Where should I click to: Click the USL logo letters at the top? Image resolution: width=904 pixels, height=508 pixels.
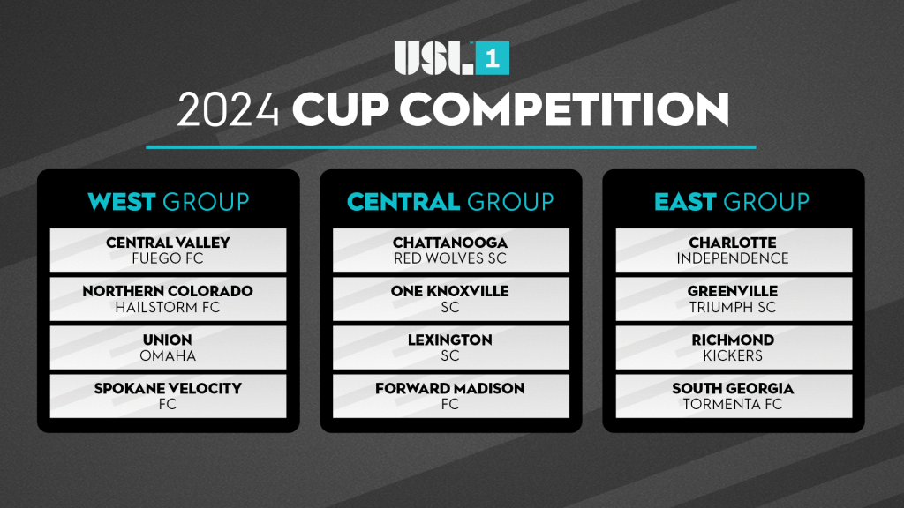pos(433,58)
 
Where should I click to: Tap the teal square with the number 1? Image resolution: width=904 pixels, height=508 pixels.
pos(493,58)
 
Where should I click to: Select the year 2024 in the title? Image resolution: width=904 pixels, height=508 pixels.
pos(228,109)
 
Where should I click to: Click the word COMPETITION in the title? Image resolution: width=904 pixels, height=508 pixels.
pos(564,109)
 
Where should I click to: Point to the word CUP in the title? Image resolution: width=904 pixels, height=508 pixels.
pos(340,109)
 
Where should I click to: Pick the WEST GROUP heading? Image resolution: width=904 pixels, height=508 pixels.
pos(169,202)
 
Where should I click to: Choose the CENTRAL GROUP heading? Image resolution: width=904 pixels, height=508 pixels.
pos(450,202)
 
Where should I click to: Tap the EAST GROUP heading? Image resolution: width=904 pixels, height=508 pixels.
pos(732,202)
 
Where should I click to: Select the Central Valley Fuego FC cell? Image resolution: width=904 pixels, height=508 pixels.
pos(169,250)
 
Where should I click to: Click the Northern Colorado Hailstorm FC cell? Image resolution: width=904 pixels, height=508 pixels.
pos(169,299)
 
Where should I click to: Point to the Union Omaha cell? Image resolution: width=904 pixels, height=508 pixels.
pos(169,347)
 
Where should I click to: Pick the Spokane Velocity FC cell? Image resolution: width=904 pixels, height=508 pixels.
pos(169,396)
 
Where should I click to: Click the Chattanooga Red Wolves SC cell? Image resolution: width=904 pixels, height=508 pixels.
pos(451,250)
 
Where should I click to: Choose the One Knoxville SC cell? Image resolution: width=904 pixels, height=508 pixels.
pos(451,299)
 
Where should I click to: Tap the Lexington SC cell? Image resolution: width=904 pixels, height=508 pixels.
pos(451,347)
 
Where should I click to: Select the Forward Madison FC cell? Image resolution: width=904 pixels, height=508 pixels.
pos(451,396)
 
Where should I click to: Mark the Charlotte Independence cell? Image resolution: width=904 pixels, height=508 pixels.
pos(734,250)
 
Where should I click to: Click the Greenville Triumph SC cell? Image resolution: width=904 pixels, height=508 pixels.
pos(734,299)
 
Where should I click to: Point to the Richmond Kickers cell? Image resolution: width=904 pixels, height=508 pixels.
pos(734,347)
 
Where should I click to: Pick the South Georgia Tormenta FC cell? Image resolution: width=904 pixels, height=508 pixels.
pos(734,396)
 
